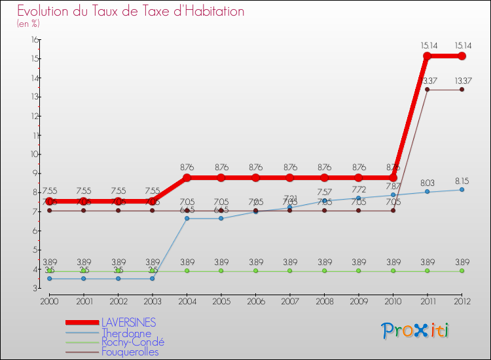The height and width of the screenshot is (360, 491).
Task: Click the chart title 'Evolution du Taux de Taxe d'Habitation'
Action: [131, 12]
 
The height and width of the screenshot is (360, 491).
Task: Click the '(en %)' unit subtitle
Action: [28, 24]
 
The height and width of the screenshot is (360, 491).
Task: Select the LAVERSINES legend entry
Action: [128, 323]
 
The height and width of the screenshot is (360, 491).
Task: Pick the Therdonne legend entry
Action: [126, 333]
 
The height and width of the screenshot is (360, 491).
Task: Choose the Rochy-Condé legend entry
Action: [132, 342]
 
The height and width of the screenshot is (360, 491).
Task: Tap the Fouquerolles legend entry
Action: [130, 351]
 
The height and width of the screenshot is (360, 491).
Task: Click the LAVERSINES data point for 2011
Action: [427, 56]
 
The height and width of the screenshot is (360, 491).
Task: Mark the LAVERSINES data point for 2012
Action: [462, 56]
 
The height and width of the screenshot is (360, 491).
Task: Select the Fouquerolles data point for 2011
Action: [427, 90]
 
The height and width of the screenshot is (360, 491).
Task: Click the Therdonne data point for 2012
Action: [462, 190]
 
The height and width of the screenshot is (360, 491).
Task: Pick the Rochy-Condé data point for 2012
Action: [462, 271]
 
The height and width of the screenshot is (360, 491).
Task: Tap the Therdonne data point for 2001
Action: [84, 279]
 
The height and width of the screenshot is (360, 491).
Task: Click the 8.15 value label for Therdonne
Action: [462, 180]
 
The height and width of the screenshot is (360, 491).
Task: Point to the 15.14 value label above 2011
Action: [427, 45]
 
